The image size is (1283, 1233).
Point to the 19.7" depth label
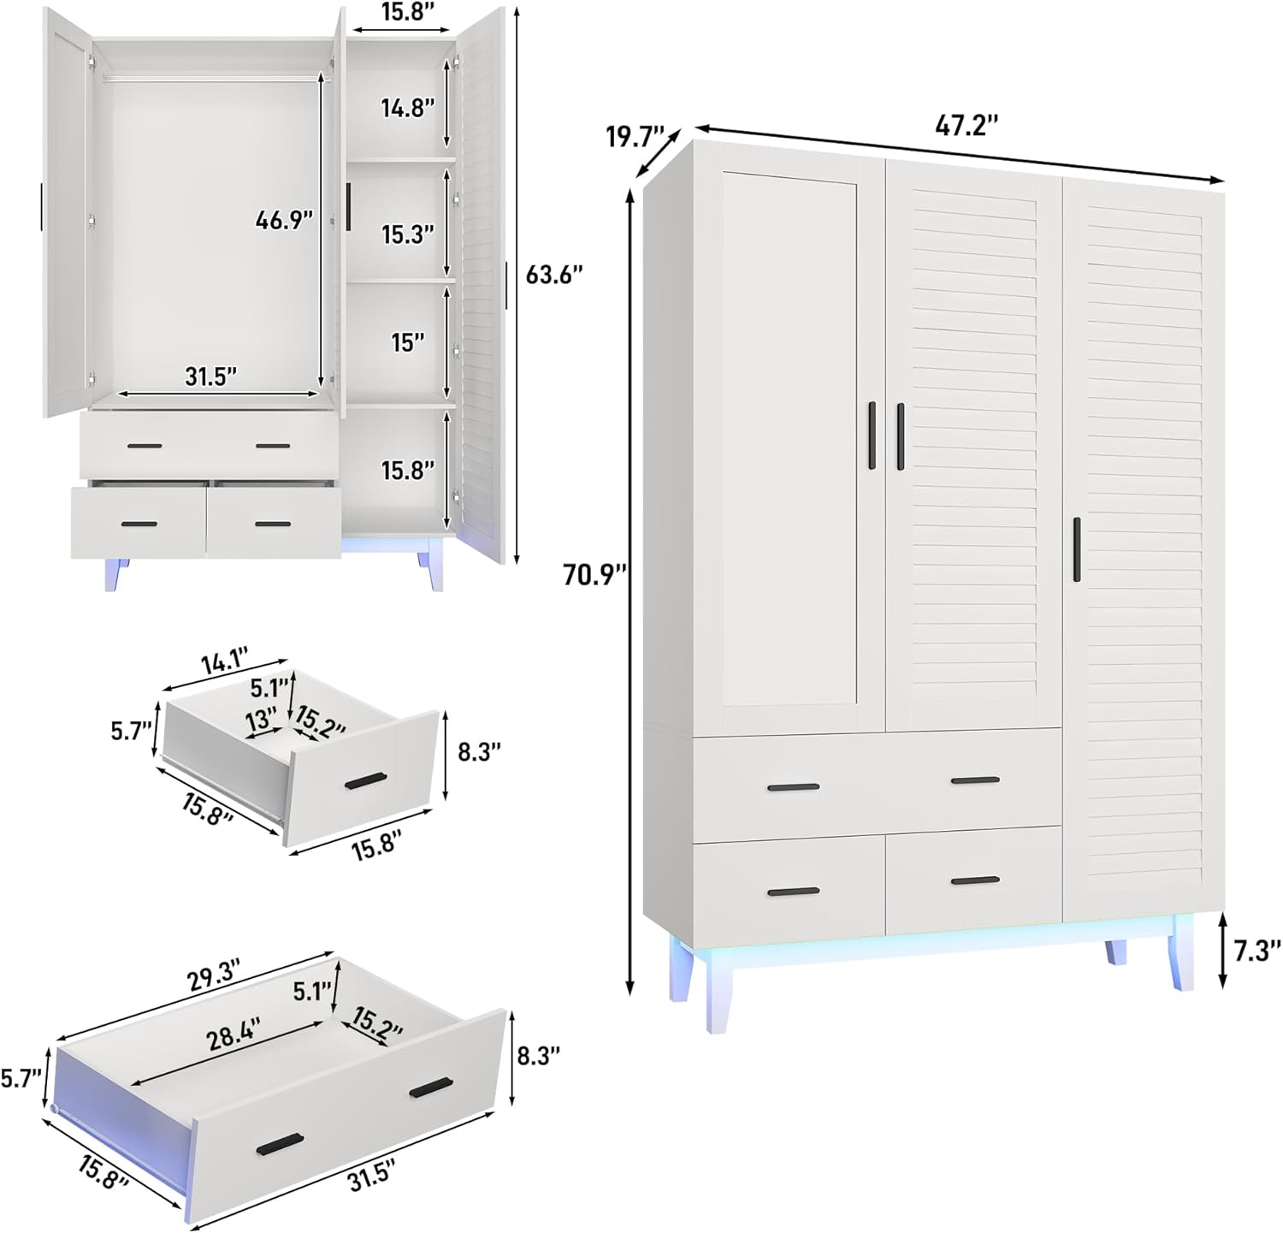coord(635,137)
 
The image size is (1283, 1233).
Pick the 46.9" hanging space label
coord(284,220)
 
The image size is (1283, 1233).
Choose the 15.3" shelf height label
coord(408,234)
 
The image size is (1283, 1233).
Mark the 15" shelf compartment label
coord(408,342)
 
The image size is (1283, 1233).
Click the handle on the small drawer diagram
coord(365,780)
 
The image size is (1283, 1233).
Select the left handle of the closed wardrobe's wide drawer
coord(793,787)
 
